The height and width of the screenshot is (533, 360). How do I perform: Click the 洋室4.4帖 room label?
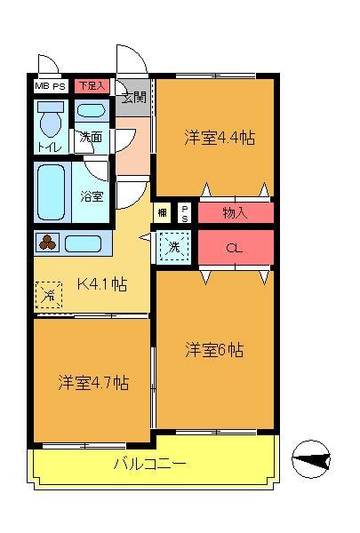(220, 138)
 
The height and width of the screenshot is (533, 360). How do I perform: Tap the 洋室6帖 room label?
(214, 349)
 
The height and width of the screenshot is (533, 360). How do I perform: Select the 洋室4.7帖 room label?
(94, 383)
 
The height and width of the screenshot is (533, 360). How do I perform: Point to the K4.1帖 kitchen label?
(100, 284)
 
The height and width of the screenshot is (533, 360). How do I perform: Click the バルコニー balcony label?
(149, 463)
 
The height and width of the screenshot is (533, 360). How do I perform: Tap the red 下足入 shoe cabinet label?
(92, 86)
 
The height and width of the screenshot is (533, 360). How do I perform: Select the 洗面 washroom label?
(91, 138)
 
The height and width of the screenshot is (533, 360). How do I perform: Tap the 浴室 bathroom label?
(92, 195)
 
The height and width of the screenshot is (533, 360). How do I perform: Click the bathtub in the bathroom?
(51, 191)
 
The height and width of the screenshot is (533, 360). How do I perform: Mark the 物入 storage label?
(236, 213)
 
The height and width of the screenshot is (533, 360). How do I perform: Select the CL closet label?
(234, 248)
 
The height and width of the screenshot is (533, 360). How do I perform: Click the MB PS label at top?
(50, 86)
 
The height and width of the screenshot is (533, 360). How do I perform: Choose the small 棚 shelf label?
(163, 212)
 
